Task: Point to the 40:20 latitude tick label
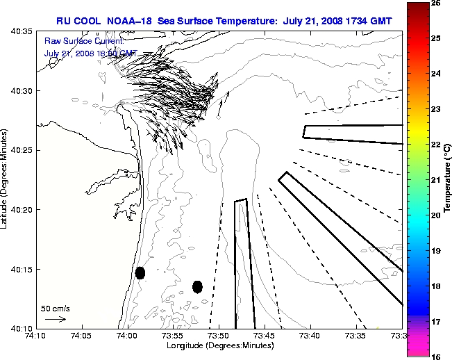[19, 210]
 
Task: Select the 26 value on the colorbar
[436, 3]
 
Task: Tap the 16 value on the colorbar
[436, 356]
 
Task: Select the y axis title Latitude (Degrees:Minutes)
[5, 180]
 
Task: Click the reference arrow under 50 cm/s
[55, 319]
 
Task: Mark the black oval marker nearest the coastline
[140, 272]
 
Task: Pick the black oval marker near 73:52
[197, 286]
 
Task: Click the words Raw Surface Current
[78, 42]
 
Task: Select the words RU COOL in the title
[82, 22]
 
